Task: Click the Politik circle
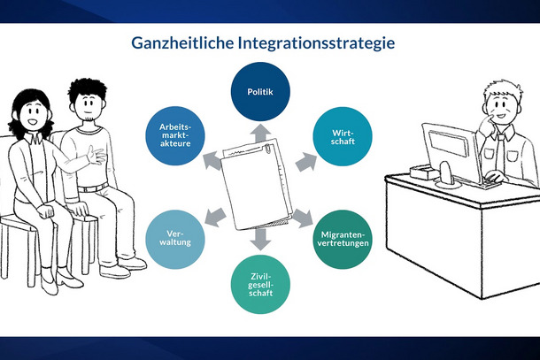(260, 92)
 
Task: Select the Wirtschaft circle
(343, 136)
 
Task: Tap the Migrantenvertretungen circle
(343, 239)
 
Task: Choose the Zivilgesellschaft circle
(260, 284)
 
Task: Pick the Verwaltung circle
(175, 239)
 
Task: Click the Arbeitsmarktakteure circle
(175, 135)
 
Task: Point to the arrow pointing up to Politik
(260, 133)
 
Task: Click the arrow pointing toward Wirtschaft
(306, 162)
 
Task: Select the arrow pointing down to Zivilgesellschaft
(260, 239)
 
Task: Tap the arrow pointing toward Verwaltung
(215, 218)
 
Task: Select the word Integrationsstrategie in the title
(316, 43)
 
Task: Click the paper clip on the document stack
(267, 149)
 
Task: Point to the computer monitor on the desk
(451, 152)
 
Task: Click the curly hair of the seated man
(87, 88)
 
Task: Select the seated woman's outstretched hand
(96, 156)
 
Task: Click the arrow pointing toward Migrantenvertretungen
(304, 218)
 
